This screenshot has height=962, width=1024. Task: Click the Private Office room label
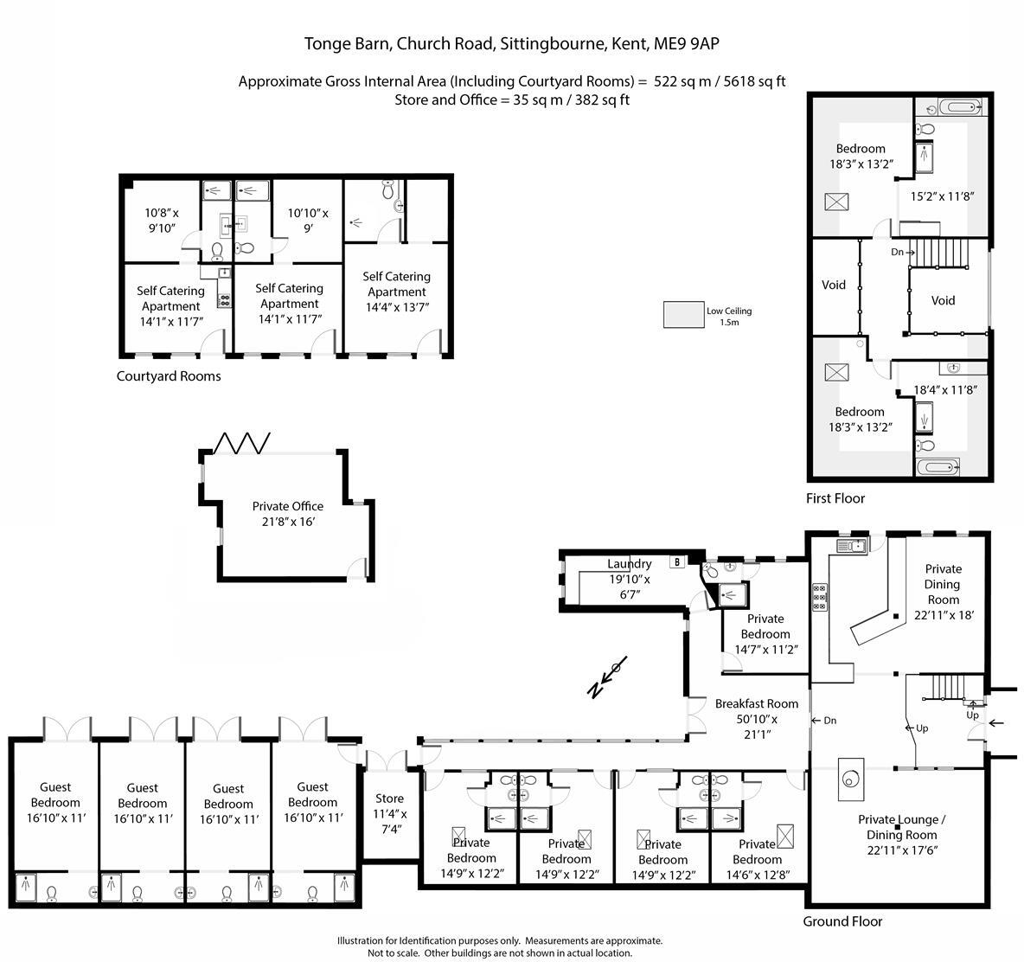click(288, 506)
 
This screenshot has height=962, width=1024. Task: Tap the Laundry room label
click(629, 564)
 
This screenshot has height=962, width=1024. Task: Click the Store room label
click(389, 798)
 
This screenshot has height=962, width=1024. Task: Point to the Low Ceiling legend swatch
click(683, 315)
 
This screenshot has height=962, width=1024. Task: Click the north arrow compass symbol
click(607, 677)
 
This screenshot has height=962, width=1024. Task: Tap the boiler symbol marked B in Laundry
click(678, 561)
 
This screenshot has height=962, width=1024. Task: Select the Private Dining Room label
click(943, 584)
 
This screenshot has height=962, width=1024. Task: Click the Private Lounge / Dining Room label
click(901, 827)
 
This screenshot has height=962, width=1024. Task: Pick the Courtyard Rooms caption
click(169, 376)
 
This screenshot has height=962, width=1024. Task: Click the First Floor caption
click(835, 498)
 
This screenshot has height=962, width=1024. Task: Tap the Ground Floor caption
click(842, 921)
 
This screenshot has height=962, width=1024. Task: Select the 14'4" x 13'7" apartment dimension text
click(397, 307)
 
